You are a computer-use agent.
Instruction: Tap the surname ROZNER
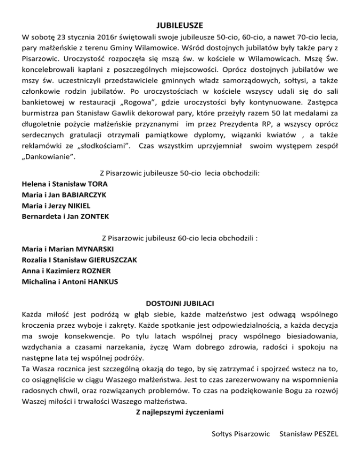97,270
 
